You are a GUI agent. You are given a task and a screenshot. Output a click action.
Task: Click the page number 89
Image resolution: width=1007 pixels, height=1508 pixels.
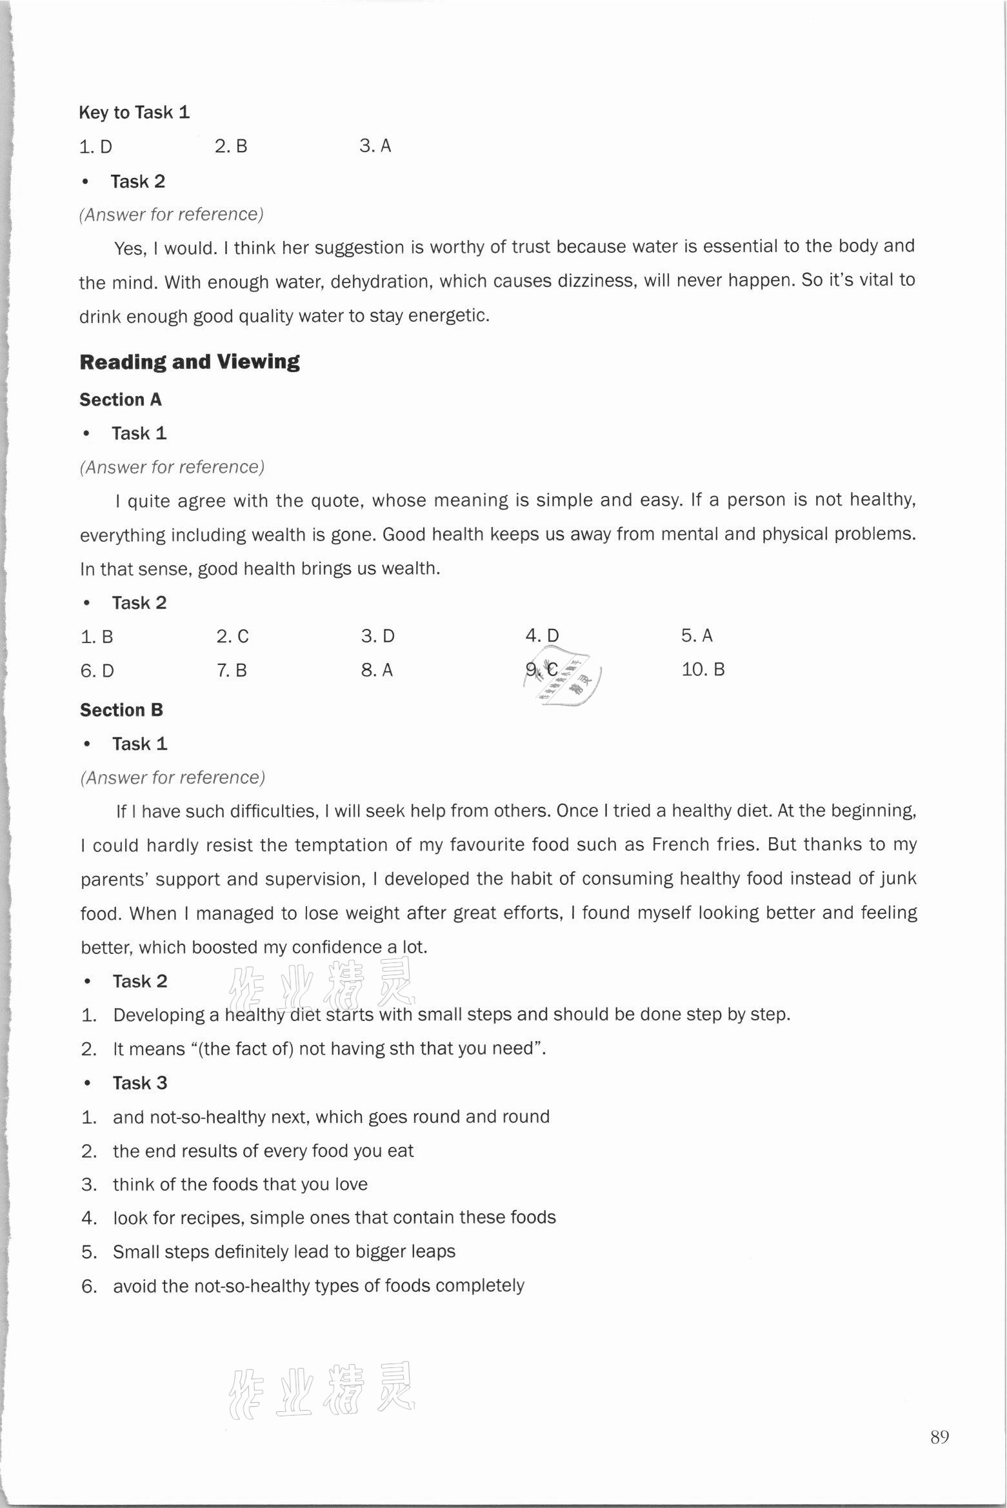click(x=939, y=1437)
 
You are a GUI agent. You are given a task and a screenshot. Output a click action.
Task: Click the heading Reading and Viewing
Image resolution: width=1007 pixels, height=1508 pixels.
click(x=189, y=362)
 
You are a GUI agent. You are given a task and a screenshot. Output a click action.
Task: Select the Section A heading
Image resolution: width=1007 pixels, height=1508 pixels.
click(x=121, y=400)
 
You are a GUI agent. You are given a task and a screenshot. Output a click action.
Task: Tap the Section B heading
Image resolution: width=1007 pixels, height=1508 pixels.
click(x=121, y=710)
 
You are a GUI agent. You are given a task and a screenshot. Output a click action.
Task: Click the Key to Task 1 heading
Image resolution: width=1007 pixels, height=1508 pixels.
click(x=134, y=113)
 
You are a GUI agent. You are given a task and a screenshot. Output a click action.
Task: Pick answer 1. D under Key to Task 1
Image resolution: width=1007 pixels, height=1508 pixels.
click(x=95, y=147)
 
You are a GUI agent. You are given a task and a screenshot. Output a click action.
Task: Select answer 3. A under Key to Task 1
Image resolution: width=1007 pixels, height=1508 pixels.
click(x=375, y=146)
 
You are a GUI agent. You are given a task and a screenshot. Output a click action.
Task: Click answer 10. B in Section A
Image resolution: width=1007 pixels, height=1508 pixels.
click(x=703, y=670)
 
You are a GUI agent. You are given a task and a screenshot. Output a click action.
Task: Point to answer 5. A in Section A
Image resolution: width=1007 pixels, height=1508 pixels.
click(x=696, y=636)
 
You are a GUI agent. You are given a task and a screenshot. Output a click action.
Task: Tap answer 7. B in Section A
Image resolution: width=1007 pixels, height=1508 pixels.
click(x=232, y=671)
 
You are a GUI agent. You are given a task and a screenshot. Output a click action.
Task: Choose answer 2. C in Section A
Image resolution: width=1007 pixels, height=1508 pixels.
click(x=232, y=637)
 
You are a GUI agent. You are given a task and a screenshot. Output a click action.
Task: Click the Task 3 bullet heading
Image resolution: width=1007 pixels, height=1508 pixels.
click(x=139, y=1083)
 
